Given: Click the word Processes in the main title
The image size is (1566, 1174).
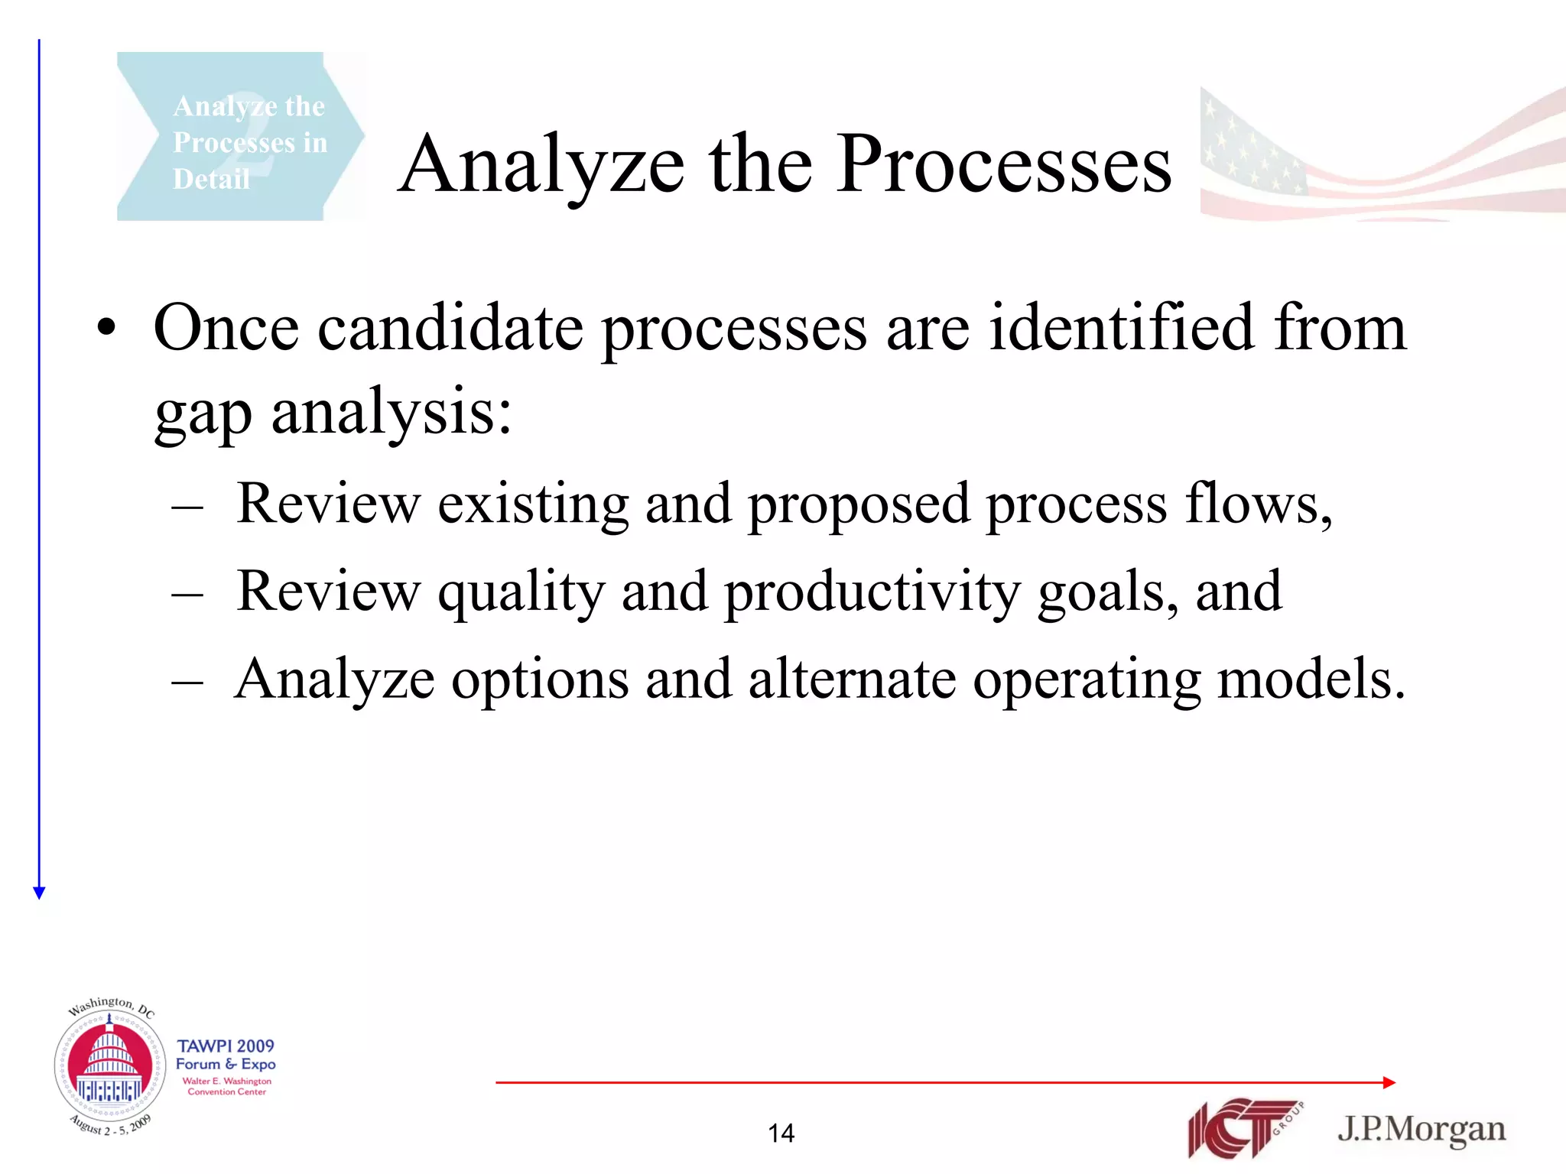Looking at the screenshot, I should [x=1003, y=164].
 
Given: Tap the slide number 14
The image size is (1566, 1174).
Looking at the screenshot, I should [x=781, y=1133].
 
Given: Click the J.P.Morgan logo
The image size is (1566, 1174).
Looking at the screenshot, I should [x=1421, y=1130].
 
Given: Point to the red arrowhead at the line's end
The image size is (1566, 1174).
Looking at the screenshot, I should [x=1389, y=1082].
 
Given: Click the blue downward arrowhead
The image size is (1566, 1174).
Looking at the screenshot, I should [x=40, y=893].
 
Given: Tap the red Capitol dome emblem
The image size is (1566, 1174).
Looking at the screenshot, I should [x=109, y=1065].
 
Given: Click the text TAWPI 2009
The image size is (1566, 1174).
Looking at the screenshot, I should [x=226, y=1046].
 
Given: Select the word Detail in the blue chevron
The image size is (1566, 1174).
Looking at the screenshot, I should [x=211, y=179].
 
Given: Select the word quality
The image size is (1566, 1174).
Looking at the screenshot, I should [x=521, y=592].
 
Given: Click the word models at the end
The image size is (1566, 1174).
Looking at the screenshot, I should [x=1310, y=679].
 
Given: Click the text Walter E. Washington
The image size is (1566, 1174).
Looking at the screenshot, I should [x=226, y=1081].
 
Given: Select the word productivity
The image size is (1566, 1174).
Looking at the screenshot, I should [x=872, y=592].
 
